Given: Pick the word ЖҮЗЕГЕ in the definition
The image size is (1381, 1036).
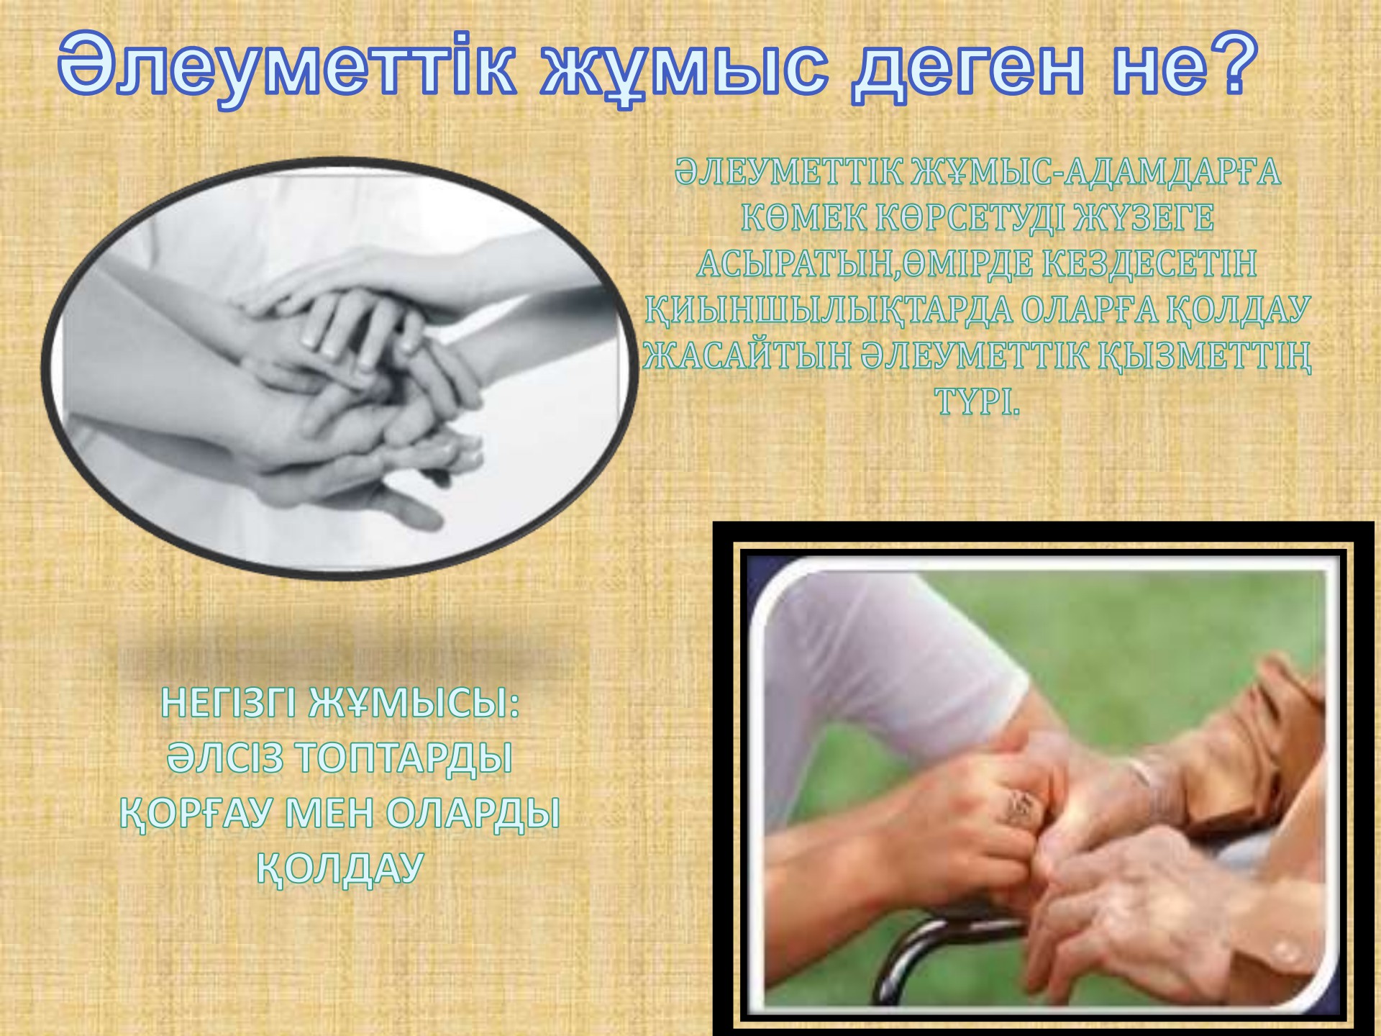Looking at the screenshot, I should [x=1144, y=219].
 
